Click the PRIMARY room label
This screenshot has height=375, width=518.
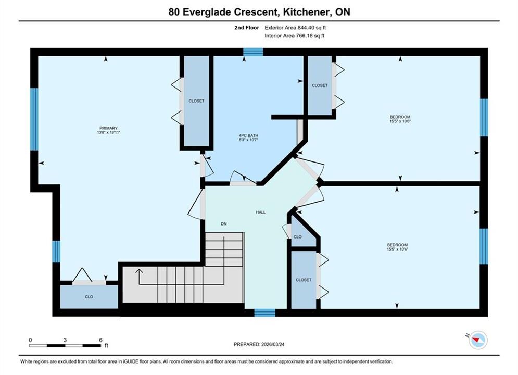pos(108,128)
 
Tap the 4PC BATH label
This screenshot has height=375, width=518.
pos(248,135)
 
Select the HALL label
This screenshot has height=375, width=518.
pos(261,213)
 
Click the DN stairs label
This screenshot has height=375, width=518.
pos(224,224)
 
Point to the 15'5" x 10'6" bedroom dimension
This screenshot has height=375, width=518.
pos(400,121)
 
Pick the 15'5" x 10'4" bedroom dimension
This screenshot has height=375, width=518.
pos(397,249)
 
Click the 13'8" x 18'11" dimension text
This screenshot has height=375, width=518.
pos(108,132)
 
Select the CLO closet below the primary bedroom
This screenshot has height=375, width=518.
pos(89,297)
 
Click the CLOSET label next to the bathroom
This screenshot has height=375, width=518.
pos(320,85)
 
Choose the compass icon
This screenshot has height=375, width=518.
pos(478,340)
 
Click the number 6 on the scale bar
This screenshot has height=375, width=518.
pos(101,340)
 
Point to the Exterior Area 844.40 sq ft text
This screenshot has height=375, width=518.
pos(295,28)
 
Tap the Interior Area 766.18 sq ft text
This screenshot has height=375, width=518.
pos(294,36)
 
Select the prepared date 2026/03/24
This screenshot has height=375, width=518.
pos(273,344)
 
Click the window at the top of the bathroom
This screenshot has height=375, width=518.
pos(254,52)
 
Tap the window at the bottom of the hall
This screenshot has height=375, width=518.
pos(264,312)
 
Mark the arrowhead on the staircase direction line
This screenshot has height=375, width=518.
pos(139,271)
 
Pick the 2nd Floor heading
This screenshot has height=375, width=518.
pos(247,28)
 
